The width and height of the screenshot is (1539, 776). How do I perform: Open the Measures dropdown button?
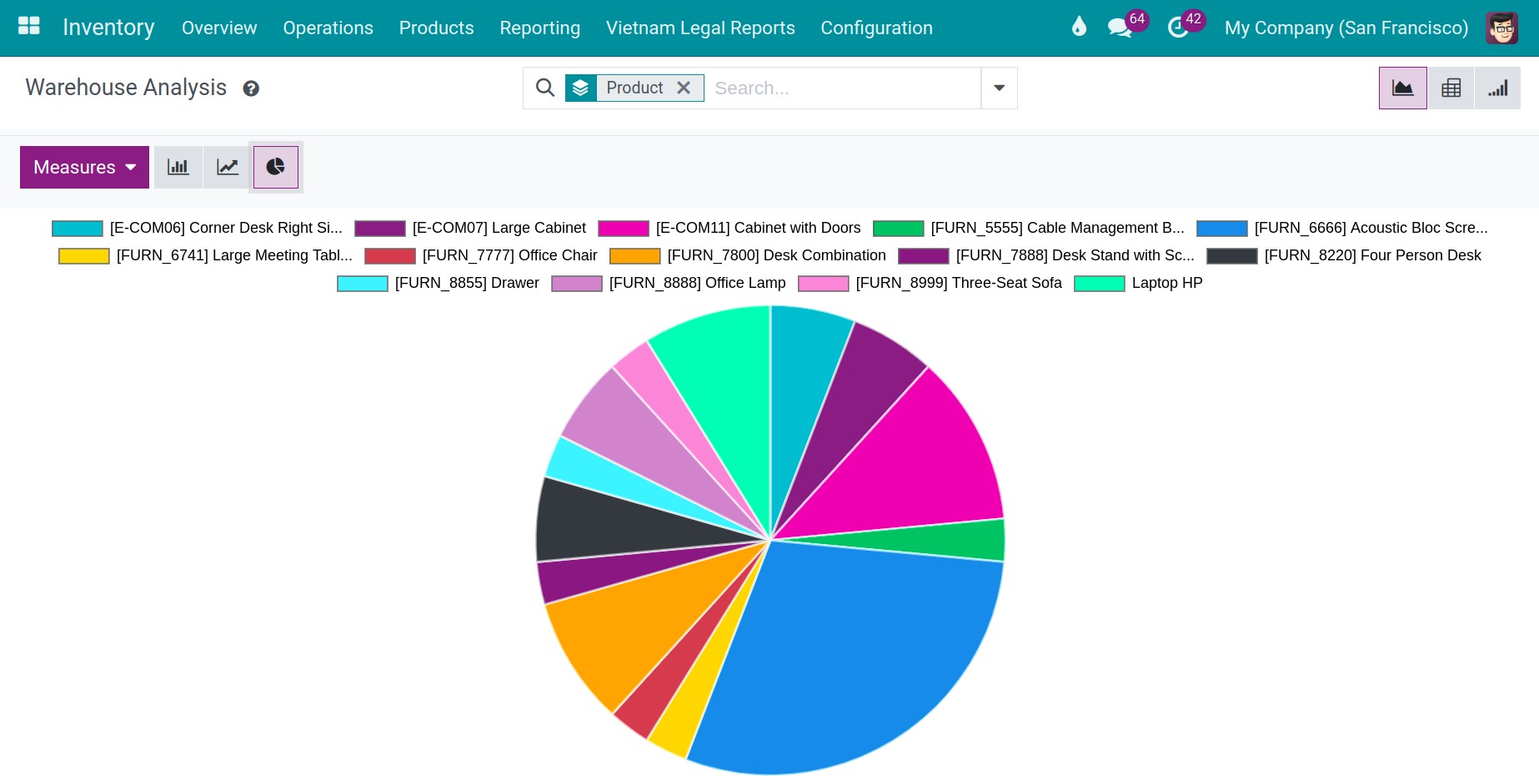click(x=84, y=167)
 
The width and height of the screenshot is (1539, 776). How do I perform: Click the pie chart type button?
click(x=275, y=167)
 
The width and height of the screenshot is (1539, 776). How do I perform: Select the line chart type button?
click(x=227, y=167)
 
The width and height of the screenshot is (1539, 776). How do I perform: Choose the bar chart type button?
click(x=178, y=167)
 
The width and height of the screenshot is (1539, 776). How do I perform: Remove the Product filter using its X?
click(x=684, y=88)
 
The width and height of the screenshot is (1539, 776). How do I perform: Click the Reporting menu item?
click(x=539, y=28)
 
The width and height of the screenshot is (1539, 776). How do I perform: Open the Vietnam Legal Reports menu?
click(x=700, y=28)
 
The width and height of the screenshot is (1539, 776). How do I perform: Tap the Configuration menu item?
click(x=876, y=28)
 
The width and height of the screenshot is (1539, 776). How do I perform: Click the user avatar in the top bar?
click(x=1501, y=28)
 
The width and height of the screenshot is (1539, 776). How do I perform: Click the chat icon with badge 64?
click(x=1120, y=28)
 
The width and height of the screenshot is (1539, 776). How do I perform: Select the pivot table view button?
click(x=1451, y=88)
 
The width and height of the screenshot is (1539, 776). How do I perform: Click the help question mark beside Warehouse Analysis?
click(x=251, y=88)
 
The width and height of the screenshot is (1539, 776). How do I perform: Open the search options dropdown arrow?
click(x=999, y=88)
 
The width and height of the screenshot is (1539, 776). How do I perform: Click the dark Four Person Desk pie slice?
click(x=600, y=522)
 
